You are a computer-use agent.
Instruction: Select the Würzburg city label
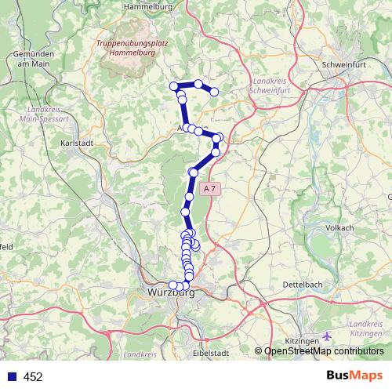tap(170, 294)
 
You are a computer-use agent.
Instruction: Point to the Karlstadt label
tap(78, 143)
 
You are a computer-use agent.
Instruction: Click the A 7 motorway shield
tap(209, 189)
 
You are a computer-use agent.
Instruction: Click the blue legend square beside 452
tap(9, 377)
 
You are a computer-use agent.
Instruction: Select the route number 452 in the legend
tap(33, 377)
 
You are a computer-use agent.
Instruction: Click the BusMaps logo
tap(355, 376)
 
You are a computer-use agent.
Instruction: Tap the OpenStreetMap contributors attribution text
tap(324, 350)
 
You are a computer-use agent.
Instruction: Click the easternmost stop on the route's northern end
tap(213, 92)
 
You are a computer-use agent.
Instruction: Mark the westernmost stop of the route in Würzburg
tap(172, 285)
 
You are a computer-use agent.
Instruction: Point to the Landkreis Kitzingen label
tap(366, 328)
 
